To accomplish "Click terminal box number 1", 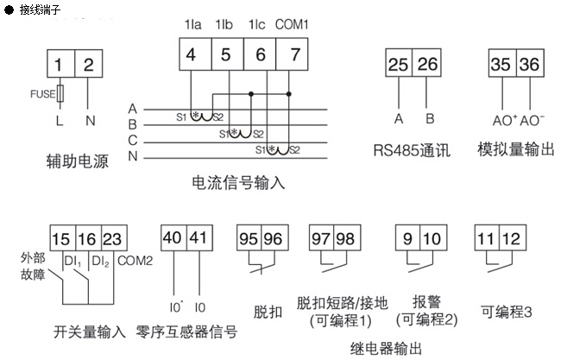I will (59, 64).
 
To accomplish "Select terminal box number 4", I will (191, 55).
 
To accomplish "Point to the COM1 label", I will (293, 25).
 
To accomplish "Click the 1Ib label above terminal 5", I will (224, 25).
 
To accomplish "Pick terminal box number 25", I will (398, 65).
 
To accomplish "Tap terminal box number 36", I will (531, 65).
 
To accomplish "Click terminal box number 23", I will (113, 239).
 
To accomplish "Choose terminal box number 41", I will (198, 239).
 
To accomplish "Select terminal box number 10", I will (431, 239).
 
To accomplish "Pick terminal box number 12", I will (510, 239).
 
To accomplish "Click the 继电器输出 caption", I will (386, 348).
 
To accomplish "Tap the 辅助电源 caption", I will (77, 161).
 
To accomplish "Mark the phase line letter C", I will (132, 139).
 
